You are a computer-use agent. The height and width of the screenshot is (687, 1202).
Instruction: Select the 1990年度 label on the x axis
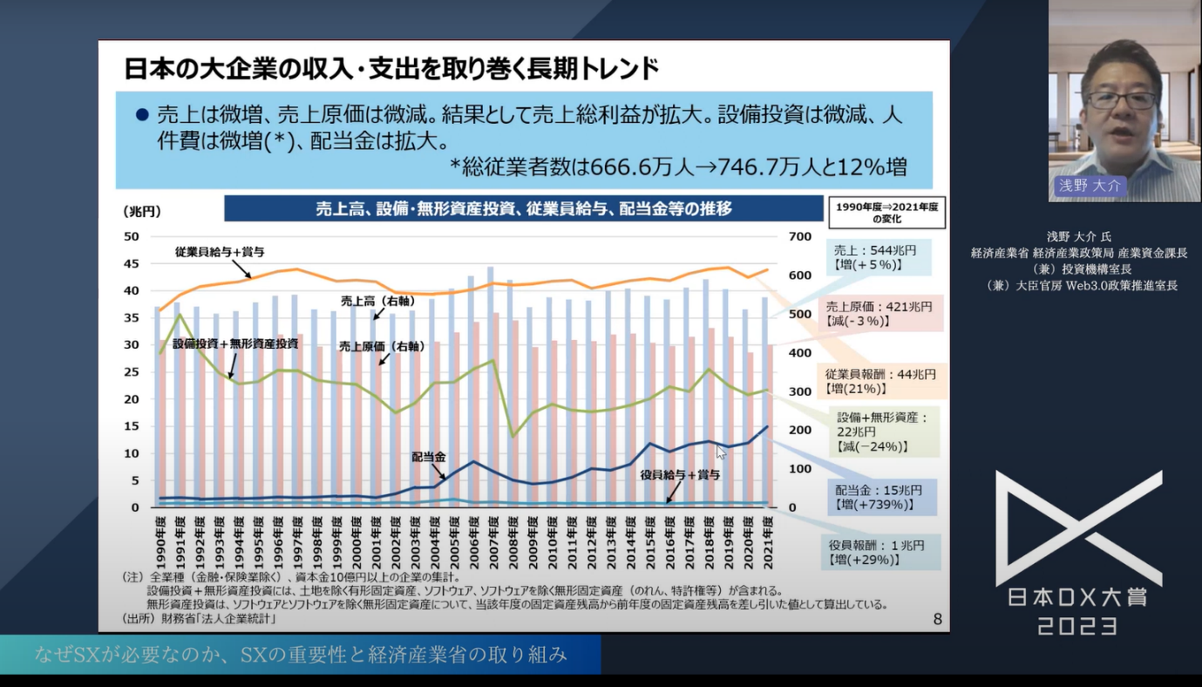click(x=159, y=540)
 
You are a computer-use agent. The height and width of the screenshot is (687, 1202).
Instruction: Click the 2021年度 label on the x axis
click(x=768, y=540)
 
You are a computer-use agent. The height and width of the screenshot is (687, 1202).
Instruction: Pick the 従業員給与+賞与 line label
click(x=219, y=252)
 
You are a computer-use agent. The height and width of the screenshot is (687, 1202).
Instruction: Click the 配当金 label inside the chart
click(x=429, y=457)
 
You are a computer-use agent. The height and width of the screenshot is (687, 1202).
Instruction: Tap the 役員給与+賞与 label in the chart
click(x=680, y=475)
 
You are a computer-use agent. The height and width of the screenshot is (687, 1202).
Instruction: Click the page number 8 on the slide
click(x=937, y=619)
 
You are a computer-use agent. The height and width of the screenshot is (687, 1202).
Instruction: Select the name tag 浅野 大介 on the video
click(x=1090, y=186)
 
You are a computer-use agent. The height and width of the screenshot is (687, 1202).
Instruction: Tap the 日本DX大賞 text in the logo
click(x=1078, y=597)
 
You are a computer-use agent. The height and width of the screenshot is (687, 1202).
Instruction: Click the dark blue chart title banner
click(x=523, y=208)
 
